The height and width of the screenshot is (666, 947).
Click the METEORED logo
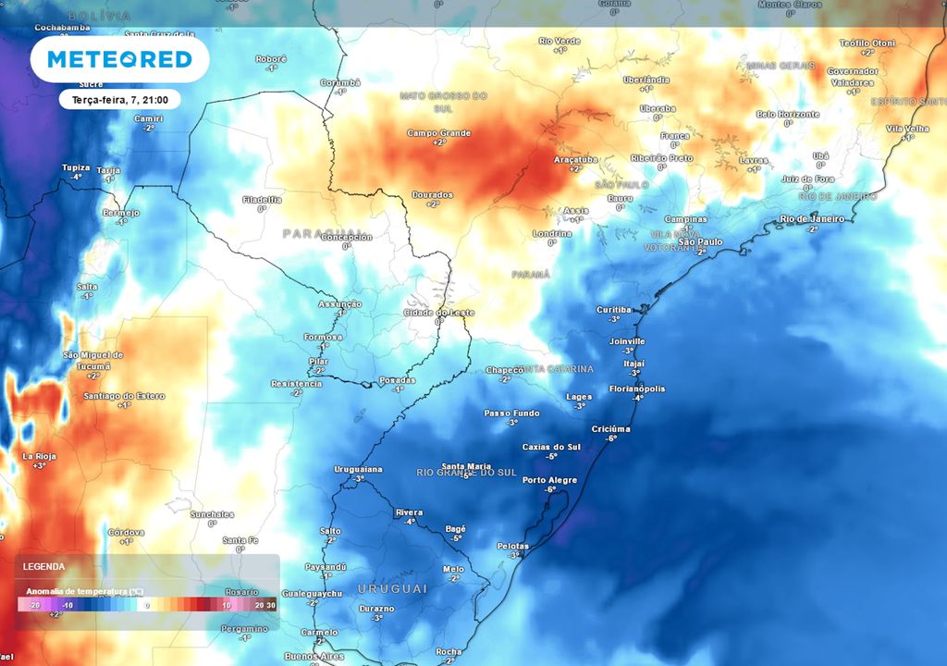pyautogui.click(x=119, y=59)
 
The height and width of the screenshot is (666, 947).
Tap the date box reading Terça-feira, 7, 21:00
pyautogui.click(x=119, y=98)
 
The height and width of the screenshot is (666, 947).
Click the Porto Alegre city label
pyautogui.click(x=549, y=480)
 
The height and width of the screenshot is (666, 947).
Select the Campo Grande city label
pyautogui.click(x=438, y=133)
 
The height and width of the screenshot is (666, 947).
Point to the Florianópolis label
pyautogui.click(x=637, y=388)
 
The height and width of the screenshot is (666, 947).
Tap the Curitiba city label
pyautogui.click(x=613, y=310)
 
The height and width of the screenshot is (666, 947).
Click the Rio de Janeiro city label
pyautogui.click(x=813, y=219)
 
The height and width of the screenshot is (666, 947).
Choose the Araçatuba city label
pyautogui.click(x=575, y=159)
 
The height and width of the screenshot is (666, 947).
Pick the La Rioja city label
pyautogui.click(x=40, y=456)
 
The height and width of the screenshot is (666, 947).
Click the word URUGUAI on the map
pyautogui.click(x=393, y=589)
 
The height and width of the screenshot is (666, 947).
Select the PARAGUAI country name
pyautogui.click(x=323, y=233)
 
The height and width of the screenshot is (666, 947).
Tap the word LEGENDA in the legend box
pyautogui.click(x=43, y=566)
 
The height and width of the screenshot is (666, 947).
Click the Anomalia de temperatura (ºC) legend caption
pyautogui.click(x=84, y=591)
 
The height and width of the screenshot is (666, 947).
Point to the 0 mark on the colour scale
pyautogui.click(x=146, y=605)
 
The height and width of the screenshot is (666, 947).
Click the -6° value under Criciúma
pyautogui.click(x=611, y=438)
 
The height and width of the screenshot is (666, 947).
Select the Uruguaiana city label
pyautogui.click(x=357, y=470)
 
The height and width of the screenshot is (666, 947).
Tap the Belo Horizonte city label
pyautogui.click(x=788, y=114)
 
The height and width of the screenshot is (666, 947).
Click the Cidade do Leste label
pyautogui.click(x=439, y=313)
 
